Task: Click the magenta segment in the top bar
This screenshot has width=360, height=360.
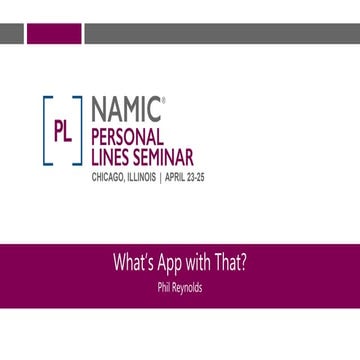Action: [x=54, y=35]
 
